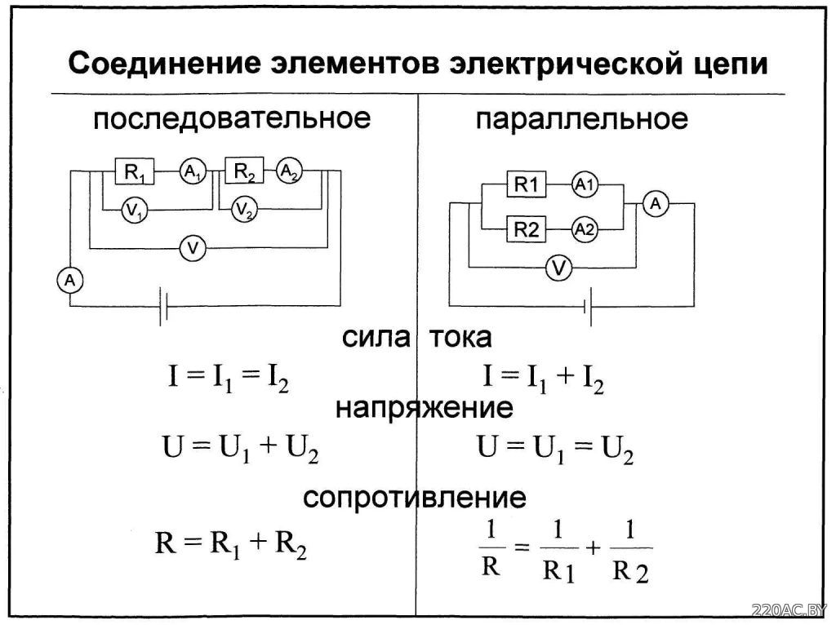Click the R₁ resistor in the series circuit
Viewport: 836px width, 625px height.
pyautogui.click(x=135, y=171)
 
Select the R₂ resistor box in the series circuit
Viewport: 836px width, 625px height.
pyautogui.click(x=244, y=171)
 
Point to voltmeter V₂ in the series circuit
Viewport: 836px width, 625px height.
pyautogui.click(x=244, y=210)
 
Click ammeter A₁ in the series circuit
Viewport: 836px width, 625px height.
pyautogui.click(x=193, y=171)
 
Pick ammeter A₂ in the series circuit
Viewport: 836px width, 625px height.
pyautogui.click(x=290, y=171)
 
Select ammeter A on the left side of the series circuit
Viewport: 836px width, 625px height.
pyautogui.click(x=70, y=280)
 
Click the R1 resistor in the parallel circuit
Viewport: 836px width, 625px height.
pyautogui.click(x=527, y=184)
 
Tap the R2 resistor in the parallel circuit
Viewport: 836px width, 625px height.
pyautogui.click(x=527, y=229)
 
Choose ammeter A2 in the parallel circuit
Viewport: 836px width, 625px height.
pyautogui.click(x=585, y=229)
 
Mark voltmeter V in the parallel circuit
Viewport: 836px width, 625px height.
pyautogui.click(x=558, y=268)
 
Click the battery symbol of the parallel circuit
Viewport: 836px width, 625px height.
pyautogui.click(x=588, y=306)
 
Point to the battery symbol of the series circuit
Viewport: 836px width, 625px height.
pyautogui.click(x=163, y=306)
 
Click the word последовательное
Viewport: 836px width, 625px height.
pyautogui.click(x=231, y=119)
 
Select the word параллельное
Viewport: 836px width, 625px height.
pyautogui.click(x=581, y=119)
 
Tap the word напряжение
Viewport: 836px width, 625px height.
pyautogui.click(x=425, y=409)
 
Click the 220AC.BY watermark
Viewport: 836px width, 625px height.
pyautogui.click(x=789, y=610)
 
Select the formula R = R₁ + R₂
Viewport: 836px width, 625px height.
pyautogui.click(x=231, y=544)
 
